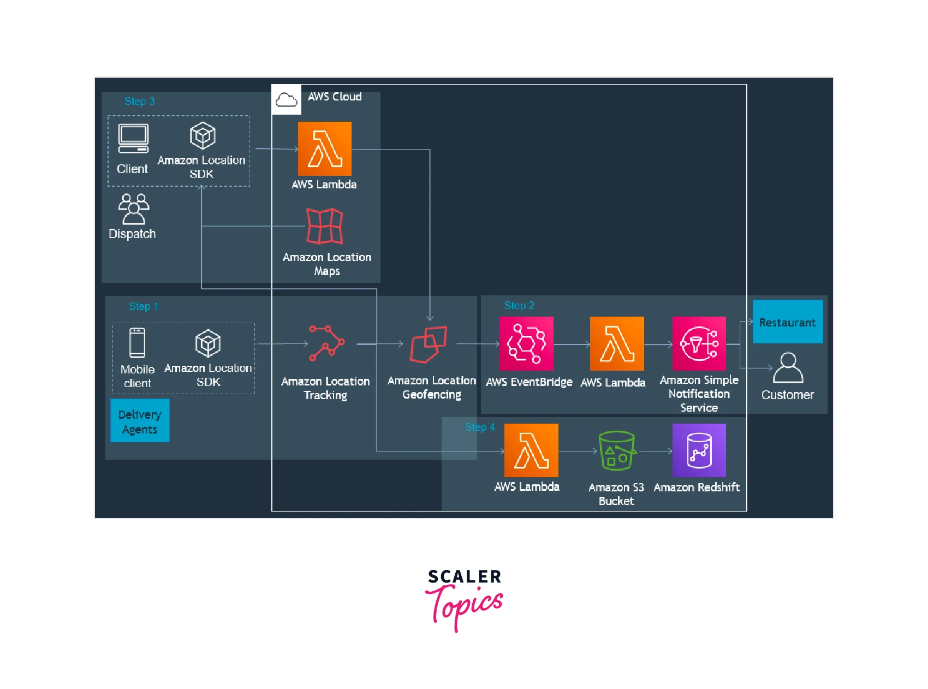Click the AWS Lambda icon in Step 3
click(x=324, y=149)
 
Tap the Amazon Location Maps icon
click(x=324, y=226)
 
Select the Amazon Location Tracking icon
click(x=326, y=343)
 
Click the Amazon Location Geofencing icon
click(x=429, y=344)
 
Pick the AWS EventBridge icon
click(x=526, y=343)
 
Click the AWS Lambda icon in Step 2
click(x=617, y=343)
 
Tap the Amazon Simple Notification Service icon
click(x=699, y=343)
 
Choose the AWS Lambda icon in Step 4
click(x=531, y=450)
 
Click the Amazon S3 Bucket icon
click(x=617, y=451)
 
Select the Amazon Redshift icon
click(x=699, y=450)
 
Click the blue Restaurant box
click(x=787, y=322)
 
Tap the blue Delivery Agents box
click(x=140, y=420)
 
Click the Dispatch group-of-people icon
click(x=133, y=209)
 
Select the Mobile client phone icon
click(x=137, y=343)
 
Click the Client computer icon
click(x=133, y=139)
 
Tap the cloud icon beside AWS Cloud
click(x=286, y=99)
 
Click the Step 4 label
click(x=480, y=427)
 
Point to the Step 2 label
click(x=519, y=306)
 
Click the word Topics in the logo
click(x=465, y=607)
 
